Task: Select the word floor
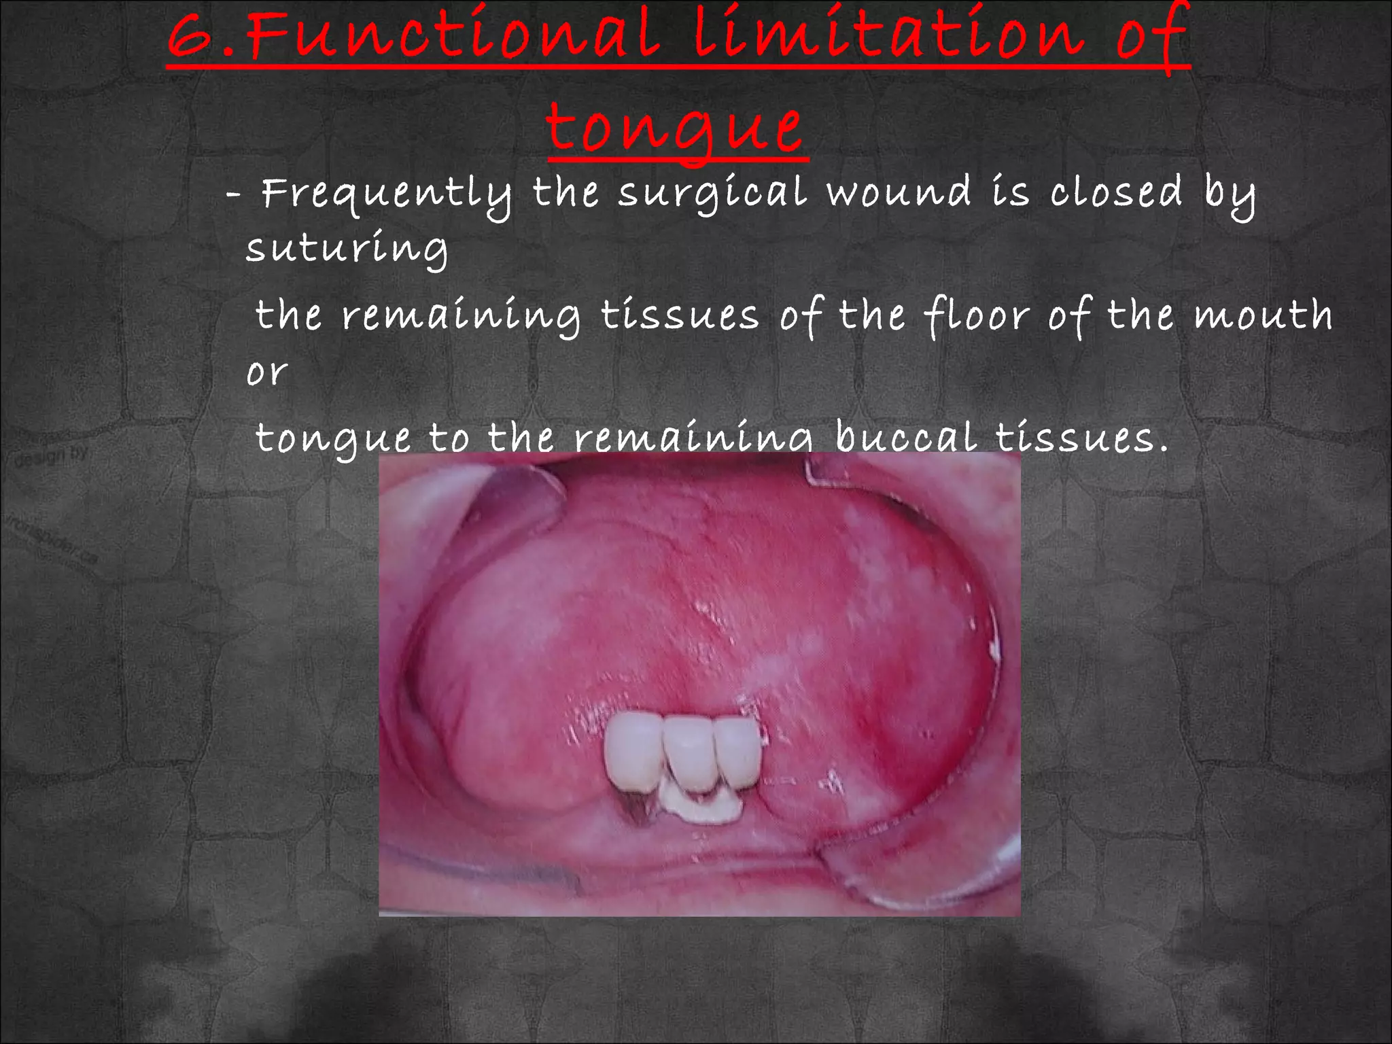pos(976,316)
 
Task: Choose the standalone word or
pos(267,372)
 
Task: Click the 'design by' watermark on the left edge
pos(51,456)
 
